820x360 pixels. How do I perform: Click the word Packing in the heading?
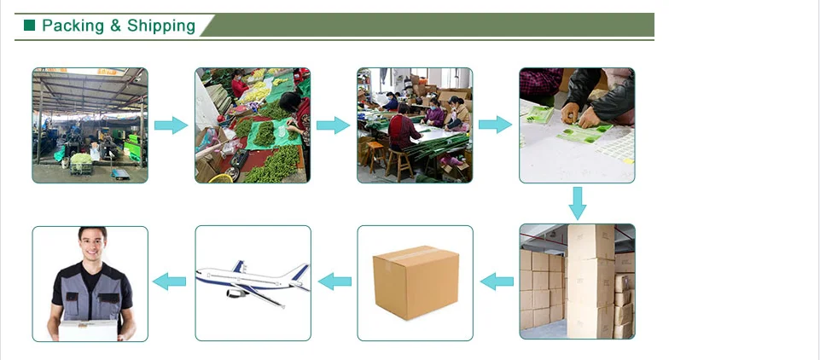click(x=73, y=26)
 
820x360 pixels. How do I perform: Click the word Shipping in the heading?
click(x=161, y=26)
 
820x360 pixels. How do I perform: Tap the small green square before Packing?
click(x=30, y=26)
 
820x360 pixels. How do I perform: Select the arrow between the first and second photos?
click(x=171, y=125)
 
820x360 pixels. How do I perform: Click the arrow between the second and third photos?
click(x=333, y=125)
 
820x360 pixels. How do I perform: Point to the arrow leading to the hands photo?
click(x=495, y=125)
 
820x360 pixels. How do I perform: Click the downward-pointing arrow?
click(x=577, y=203)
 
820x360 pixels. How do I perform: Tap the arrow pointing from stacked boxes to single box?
click(x=497, y=281)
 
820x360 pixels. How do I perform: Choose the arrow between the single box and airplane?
click(x=334, y=281)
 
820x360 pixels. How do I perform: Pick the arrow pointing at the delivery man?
click(x=169, y=281)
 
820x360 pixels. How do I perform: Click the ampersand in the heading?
click(x=115, y=26)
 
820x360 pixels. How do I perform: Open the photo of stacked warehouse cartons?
click(x=577, y=282)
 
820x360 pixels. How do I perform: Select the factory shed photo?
click(x=90, y=125)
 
